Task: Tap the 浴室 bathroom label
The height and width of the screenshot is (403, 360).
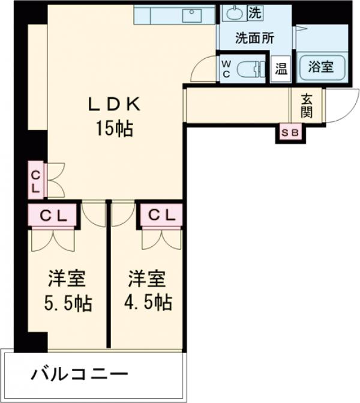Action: (321, 66)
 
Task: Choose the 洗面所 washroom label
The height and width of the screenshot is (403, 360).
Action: (254, 38)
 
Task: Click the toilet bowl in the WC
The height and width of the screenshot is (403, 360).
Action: (251, 70)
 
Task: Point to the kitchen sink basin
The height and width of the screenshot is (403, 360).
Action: (193, 16)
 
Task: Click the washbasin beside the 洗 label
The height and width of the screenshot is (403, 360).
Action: (233, 12)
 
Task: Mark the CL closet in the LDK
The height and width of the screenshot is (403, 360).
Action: (35, 180)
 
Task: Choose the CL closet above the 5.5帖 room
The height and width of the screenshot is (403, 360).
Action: (53, 215)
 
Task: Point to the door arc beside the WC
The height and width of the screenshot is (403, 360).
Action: (203, 69)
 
